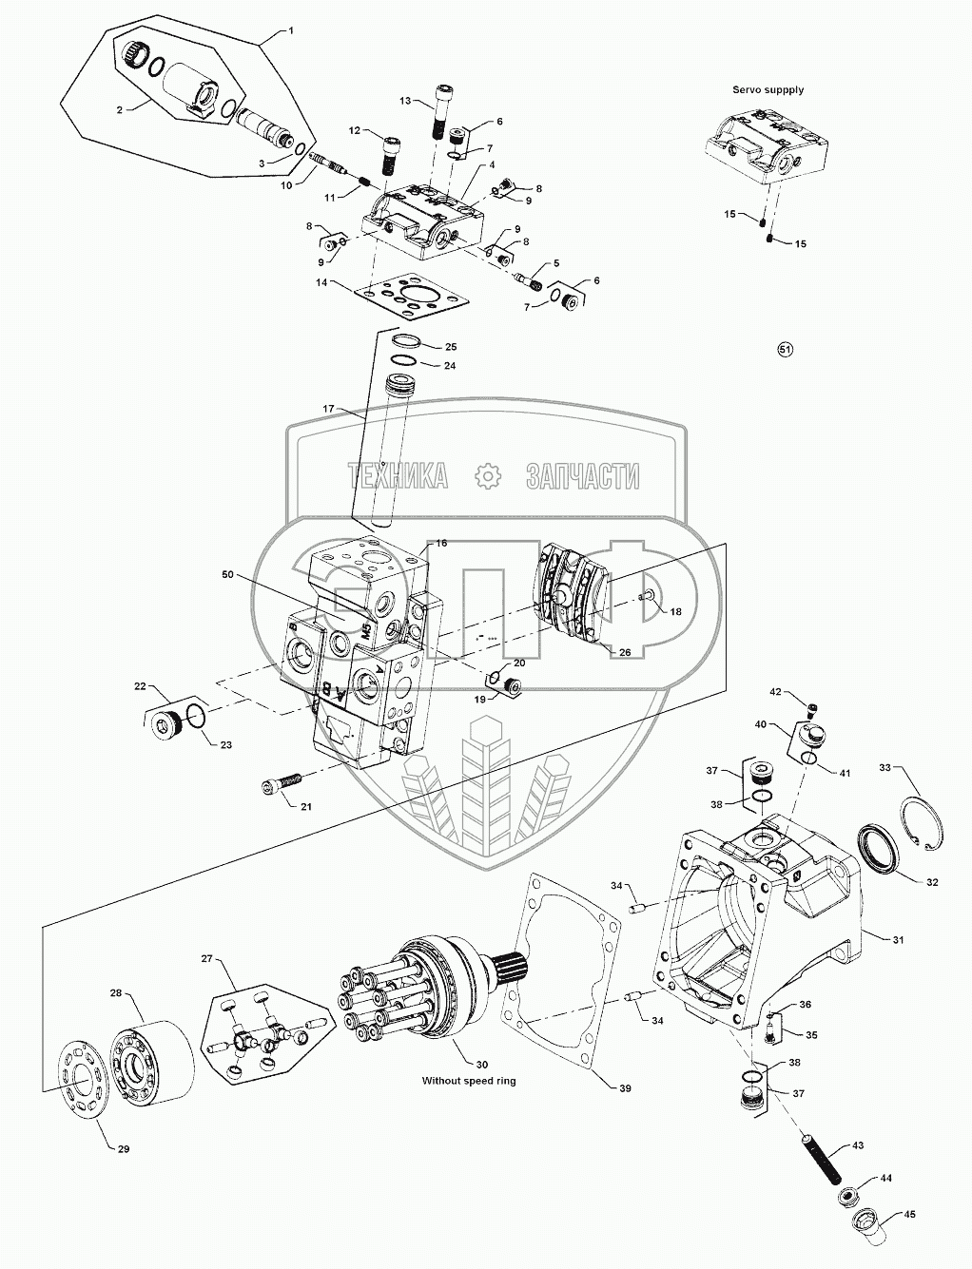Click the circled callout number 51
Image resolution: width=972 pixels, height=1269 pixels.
(785, 350)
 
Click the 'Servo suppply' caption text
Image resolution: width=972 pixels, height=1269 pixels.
(768, 89)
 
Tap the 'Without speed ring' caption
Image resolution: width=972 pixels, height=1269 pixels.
(469, 1081)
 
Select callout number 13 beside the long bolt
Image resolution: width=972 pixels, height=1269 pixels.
(405, 100)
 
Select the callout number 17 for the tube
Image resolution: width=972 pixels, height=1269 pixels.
(329, 410)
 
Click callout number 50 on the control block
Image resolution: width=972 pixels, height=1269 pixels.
(227, 576)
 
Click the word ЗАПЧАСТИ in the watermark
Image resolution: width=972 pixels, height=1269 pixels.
(582, 476)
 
